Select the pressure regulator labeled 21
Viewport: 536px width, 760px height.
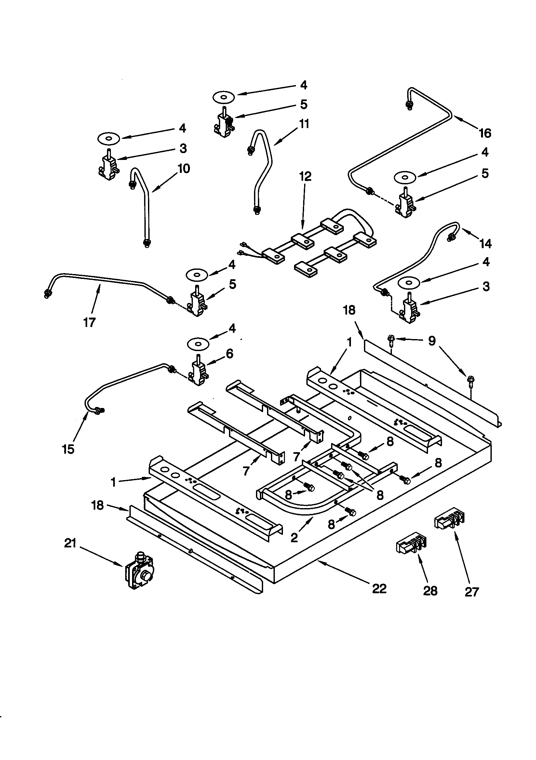point(138,571)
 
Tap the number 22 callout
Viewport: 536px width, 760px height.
point(379,589)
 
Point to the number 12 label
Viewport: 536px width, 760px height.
point(305,177)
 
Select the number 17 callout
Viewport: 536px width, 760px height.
point(89,322)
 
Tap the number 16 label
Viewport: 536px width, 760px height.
point(485,133)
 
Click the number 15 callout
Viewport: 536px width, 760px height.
point(68,450)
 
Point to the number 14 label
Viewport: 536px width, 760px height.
point(485,244)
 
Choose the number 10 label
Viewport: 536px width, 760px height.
point(183,168)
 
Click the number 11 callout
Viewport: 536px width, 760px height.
point(304,124)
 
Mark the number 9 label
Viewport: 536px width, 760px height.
point(432,341)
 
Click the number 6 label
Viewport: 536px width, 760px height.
point(229,354)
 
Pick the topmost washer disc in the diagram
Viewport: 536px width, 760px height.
point(224,97)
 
